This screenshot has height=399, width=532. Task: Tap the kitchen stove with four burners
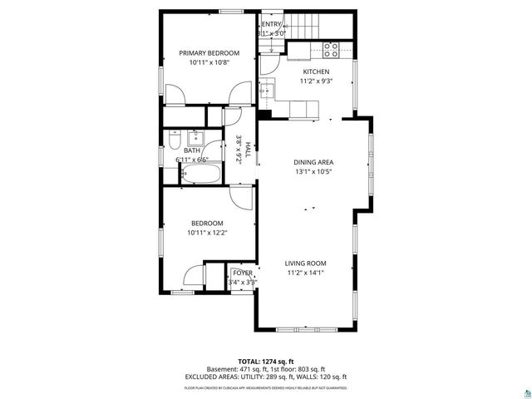pos(330,50)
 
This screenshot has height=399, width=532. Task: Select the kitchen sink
pos(269,90)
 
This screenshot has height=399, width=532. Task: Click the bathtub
pos(200,175)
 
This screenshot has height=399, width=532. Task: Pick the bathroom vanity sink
pos(199,137)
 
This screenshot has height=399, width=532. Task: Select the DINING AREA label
pos(313,162)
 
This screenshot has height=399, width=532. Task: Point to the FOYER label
pos(243,273)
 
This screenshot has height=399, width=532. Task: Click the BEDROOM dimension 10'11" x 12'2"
pos(207,233)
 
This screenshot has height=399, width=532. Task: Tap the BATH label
pos(180,150)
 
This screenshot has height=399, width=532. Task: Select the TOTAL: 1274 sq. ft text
pos(265,362)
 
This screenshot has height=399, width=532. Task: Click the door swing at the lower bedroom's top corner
pos(241,198)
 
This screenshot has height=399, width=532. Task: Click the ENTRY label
pos(272,24)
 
